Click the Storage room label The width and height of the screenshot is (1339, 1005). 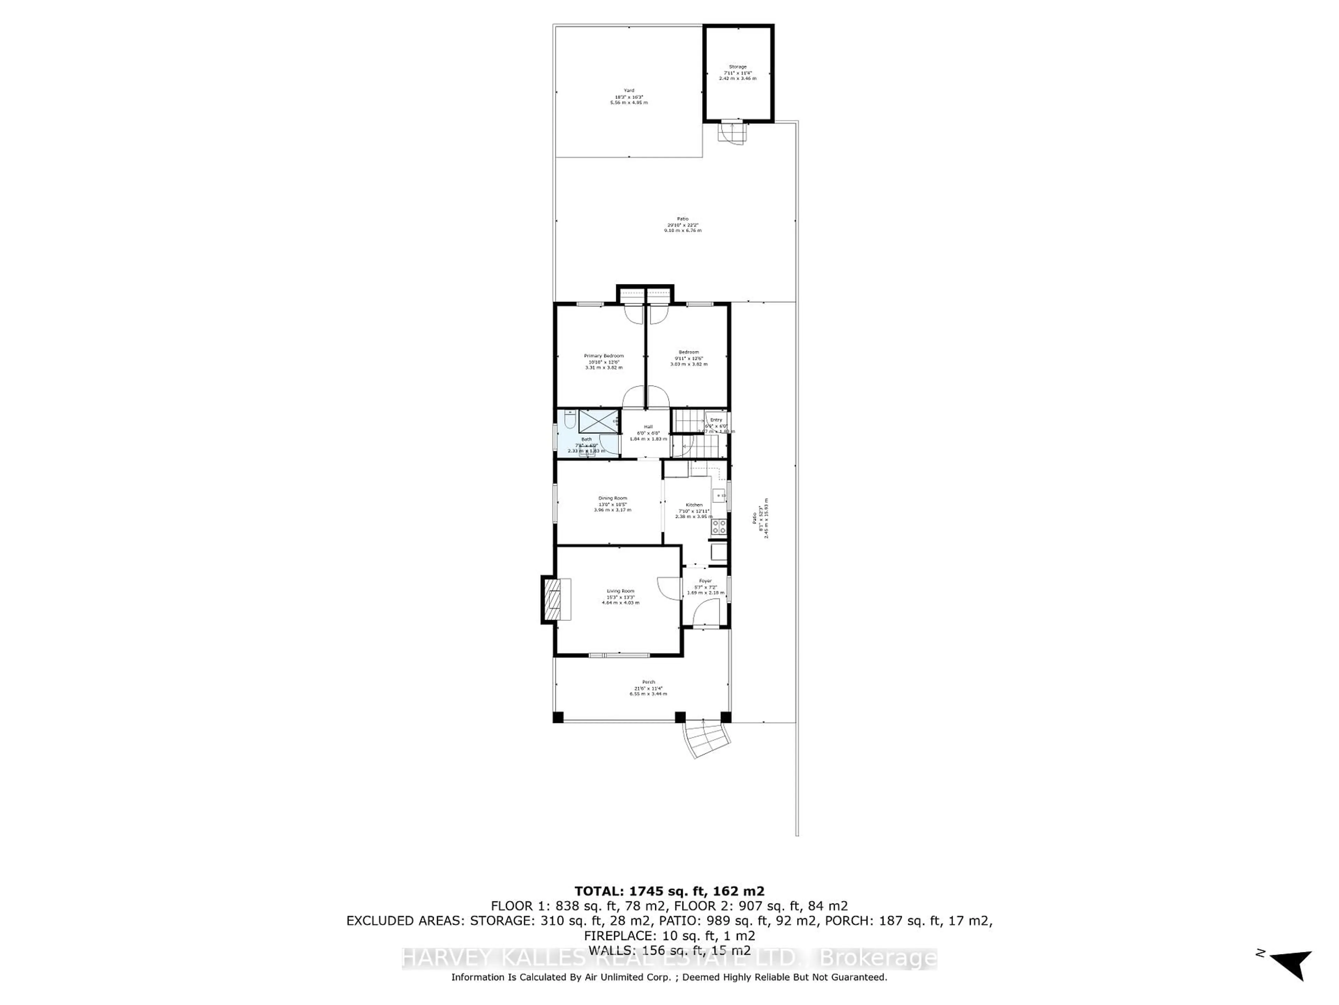pos(737,67)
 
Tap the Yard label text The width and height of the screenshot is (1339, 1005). pos(629,91)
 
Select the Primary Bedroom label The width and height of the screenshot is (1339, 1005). pos(604,356)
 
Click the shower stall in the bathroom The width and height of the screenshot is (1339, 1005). pos(599,421)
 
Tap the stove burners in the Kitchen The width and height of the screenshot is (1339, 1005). pos(719,527)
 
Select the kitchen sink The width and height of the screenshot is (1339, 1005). pos(719,496)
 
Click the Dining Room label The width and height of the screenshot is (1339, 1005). pos(613,498)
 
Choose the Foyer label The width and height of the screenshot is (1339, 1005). pos(705,581)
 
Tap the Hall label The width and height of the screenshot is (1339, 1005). pos(648,426)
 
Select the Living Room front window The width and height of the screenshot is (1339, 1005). pos(619,655)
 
